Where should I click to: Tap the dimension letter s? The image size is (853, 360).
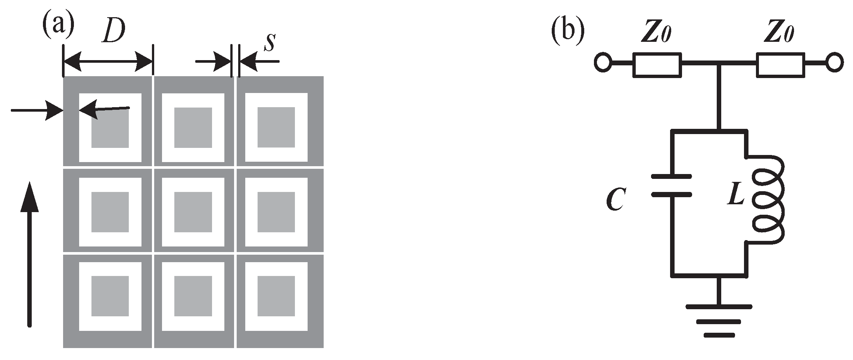click(x=269, y=43)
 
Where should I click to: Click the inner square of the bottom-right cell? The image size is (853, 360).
click(x=276, y=296)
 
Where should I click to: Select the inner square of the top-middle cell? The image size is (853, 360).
click(x=193, y=128)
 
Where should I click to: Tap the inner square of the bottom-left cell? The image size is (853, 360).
click(x=110, y=296)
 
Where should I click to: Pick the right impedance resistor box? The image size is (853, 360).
click(x=780, y=65)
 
